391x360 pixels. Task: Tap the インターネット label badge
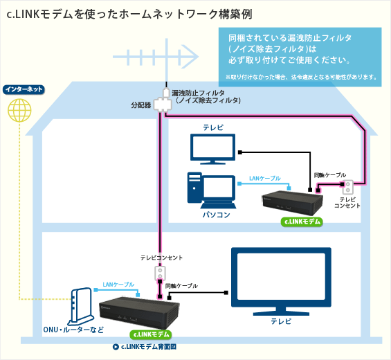pos(24,90)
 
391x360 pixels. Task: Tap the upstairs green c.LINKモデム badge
pos(302,222)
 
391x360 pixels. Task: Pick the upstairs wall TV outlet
pos(348,187)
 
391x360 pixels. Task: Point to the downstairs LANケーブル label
pos(118,285)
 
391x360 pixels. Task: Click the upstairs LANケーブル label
pos(265,179)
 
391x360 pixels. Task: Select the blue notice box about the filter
pos(300,56)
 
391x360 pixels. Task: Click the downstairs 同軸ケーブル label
pos(181,285)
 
